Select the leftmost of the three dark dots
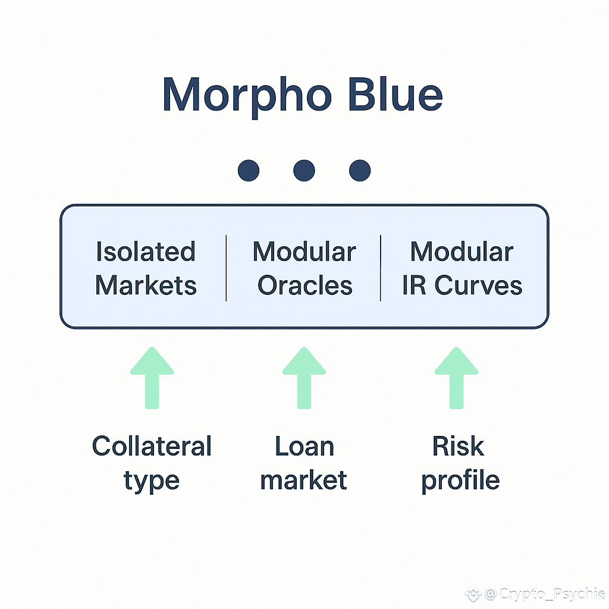coord(248,171)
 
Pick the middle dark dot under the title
coord(304,171)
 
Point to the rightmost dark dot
coord(360,171)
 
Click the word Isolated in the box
coord(146,252)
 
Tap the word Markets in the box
coord(146,285)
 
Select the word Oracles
coord(304,285)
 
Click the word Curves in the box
coord(478,285)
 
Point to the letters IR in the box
coord(415,285)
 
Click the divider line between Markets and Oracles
coord(226,268)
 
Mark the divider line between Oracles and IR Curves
coord(381,268)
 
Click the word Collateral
coord(152,446)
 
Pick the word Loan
coord(304,446)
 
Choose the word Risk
coord(458,446)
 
